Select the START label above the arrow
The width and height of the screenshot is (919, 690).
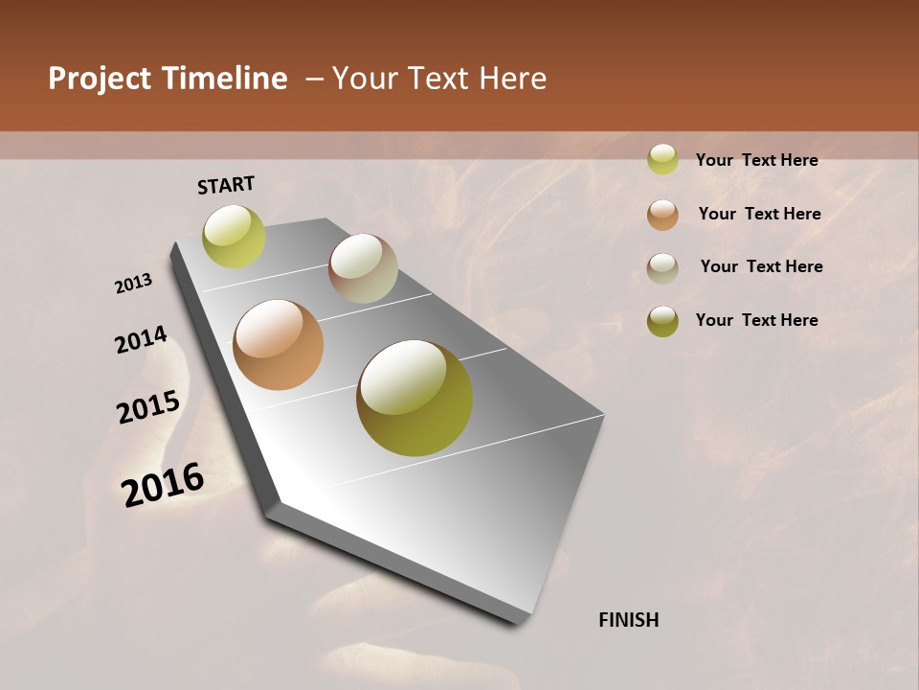coord(226,185)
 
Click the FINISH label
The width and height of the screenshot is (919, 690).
coord(629,620)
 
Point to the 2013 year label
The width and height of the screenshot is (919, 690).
coord(134,283)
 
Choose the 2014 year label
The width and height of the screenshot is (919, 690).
coord(142,339)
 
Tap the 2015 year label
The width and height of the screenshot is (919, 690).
coord(148,407)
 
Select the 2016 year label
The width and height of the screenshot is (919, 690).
coord(163,485)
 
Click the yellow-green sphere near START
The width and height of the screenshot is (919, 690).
coord(234,237)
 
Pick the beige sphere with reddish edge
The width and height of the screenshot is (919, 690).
coord(363,268)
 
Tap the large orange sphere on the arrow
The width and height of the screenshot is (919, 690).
coord(278,345)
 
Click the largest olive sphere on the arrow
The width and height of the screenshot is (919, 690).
coord(415,398)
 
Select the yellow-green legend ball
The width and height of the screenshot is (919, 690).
coord(662,159)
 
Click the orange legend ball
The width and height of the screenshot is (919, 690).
coord(662,214)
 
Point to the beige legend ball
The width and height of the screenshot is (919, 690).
coord(662,267)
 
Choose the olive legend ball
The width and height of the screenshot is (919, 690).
coord(662,321)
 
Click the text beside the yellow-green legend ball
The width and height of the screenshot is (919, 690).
coord(756,160)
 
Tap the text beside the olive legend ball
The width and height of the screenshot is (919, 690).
coord(756,320)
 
